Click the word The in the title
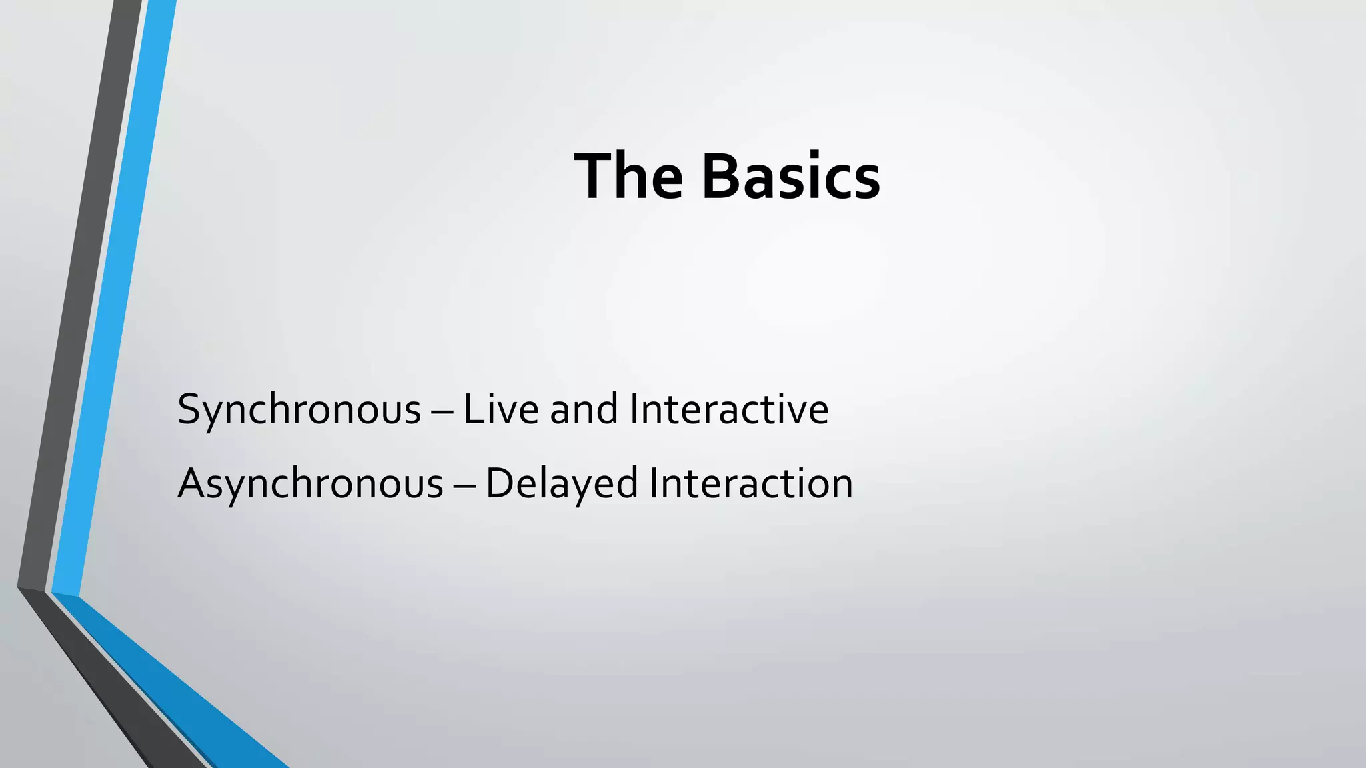click(628, 177)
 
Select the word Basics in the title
click(791, 177)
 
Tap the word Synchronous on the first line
click(299, 409)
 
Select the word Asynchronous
click(310, 483)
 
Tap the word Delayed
click(562, 483)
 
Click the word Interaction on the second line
click(751, 483)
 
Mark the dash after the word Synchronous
click(442, 412)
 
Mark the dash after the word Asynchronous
click(464, 486)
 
